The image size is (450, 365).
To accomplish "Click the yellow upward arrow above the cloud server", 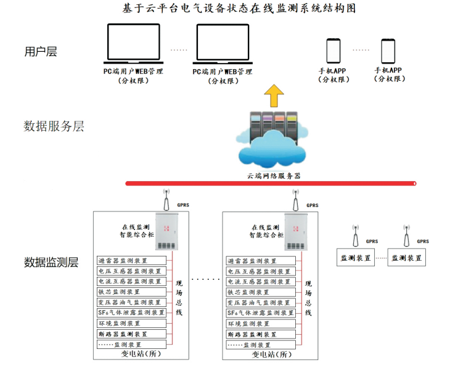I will pyautogui.click(x=274, y=97).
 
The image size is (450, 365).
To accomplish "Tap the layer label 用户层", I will pyautogui.click(x=41, y=52).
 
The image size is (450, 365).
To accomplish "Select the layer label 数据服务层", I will pyautogui.click(x=54, y=127).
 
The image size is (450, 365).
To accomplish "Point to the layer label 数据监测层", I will pyautogui.click(x=52, y=262).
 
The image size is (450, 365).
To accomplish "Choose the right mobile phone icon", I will pyautogui.click(x=388, y=50).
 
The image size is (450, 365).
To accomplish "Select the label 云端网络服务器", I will pyautogui.click(x=274, y=176).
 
